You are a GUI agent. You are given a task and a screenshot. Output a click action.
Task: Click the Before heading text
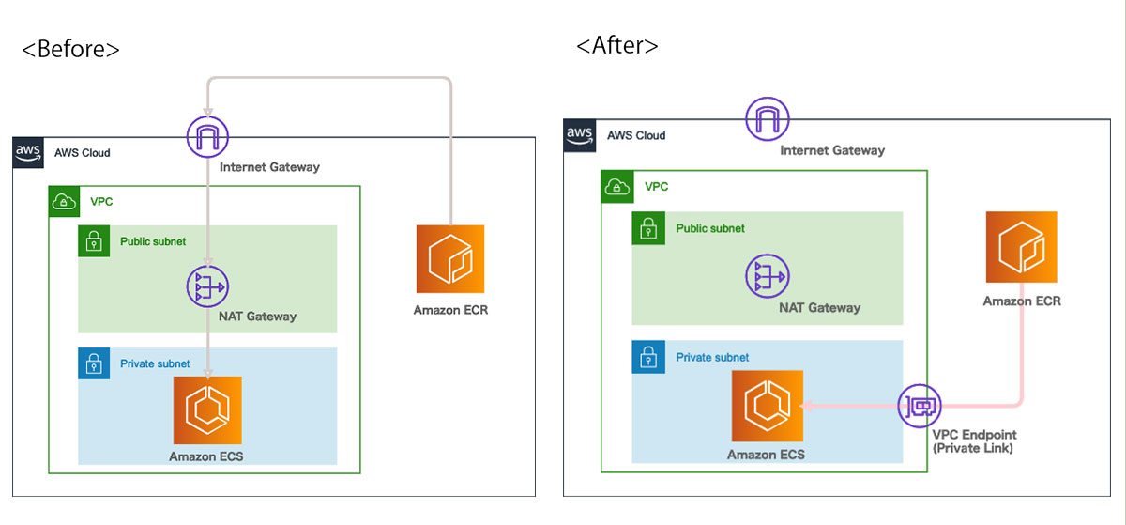[71, 50]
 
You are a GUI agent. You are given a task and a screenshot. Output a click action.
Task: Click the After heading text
[616, 45]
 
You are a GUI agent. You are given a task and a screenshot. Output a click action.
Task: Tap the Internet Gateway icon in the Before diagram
[207, 136]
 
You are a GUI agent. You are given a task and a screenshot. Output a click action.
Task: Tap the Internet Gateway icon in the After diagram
[768, 118]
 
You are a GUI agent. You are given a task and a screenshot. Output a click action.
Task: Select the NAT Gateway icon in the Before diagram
[207, 286]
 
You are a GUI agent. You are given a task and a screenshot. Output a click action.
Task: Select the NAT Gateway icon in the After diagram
[768, 276]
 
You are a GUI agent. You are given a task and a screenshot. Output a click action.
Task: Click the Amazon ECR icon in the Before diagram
[450, 258]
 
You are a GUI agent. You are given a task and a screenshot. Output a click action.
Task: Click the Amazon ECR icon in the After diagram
[1022, 247]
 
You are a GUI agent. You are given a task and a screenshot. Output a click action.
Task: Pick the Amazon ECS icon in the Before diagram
[207, 410]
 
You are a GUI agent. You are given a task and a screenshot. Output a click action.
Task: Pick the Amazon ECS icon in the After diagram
[768, 406]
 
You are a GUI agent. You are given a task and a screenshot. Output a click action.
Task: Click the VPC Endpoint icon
[920, 406]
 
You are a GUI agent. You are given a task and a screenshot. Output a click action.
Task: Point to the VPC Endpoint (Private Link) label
[974, 441]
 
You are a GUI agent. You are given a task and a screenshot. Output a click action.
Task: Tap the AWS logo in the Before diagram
[28, 152]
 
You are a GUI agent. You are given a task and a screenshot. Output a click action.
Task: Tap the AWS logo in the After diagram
[580, 135]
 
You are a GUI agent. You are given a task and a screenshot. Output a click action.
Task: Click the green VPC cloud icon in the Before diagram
[64, 201]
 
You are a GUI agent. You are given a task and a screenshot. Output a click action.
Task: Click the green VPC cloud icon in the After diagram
[617, 187]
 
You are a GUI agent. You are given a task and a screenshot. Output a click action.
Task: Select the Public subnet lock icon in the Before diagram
[94, 241]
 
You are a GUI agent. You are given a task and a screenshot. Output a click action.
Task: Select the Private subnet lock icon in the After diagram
[648, 357]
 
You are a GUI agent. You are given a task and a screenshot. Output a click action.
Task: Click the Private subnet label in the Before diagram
[155, 363]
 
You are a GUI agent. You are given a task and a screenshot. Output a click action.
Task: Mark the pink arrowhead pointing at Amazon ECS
[806, 406]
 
